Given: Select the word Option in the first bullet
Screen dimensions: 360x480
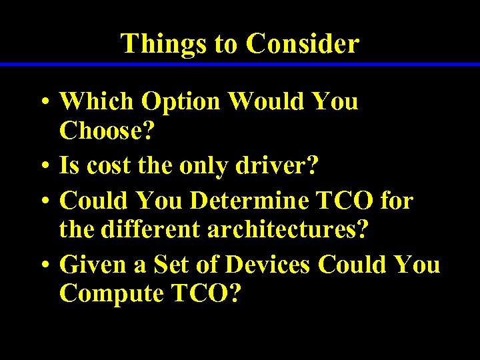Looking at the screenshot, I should pyautogui.click(x=181, y=102).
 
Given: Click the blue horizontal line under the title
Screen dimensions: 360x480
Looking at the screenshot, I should pyautogui.click(x=240, y=64).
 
